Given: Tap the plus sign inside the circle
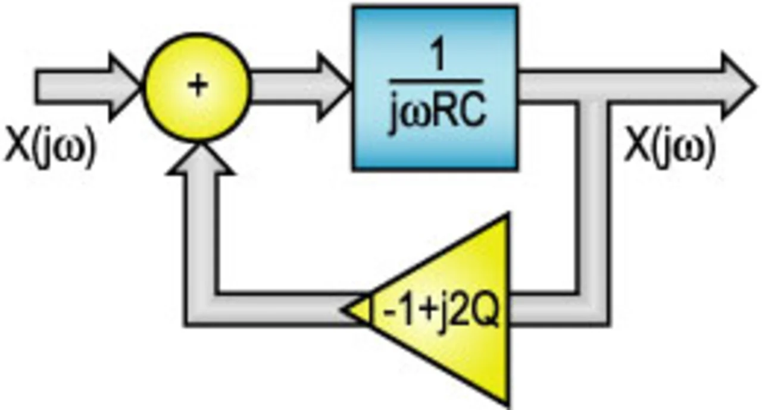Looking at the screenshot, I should pos(198,86).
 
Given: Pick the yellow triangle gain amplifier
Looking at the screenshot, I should pos(452,309).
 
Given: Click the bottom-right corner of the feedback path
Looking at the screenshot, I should pos(592,309).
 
